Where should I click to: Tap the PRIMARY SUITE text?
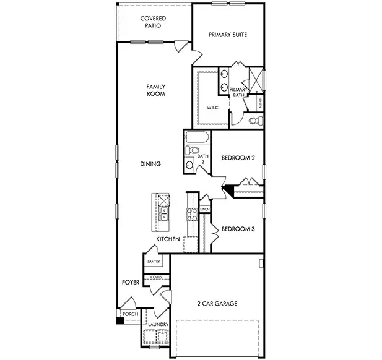[228, 35]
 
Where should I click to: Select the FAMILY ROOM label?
[155, 90]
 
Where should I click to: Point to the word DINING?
[150, 164]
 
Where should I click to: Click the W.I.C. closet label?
[213, 108]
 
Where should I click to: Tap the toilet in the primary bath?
[253, 121]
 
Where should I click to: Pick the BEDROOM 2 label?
[238, 158]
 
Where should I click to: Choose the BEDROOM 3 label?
[238, 228]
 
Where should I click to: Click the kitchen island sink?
[164, 215]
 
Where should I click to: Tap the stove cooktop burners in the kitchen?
[191, 214]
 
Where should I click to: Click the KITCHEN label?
[168, 239]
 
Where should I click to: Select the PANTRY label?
[154, 262]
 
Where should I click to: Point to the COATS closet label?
[154, 277]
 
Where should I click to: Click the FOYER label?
[130, 282]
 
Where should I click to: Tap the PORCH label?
[130, 314]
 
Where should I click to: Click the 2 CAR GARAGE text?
[217, 303]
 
